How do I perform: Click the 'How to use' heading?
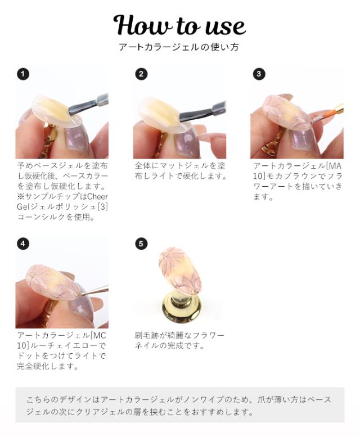click(179, 25)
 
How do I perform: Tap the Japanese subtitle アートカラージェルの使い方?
click(179, 47)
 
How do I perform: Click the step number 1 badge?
click(23, 74)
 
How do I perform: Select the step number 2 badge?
click(141, 74)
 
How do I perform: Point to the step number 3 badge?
click(258, 74)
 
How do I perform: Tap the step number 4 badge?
click(23, 244)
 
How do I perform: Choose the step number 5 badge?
click(141, 244)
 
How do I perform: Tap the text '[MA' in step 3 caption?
click(333, 166)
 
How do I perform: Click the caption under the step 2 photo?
click(179, 171)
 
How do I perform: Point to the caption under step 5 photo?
click(179, 341)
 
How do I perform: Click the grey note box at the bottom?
click(179, 404)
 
